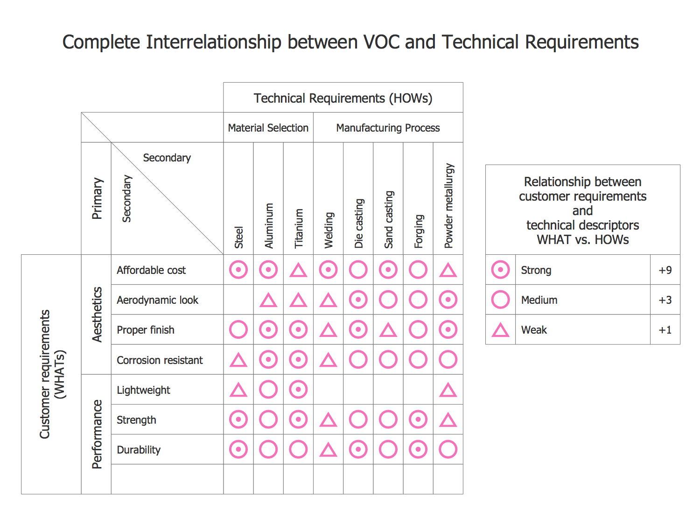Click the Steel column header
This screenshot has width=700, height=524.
click(238, 237)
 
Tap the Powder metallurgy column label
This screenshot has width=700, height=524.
click(448, 205)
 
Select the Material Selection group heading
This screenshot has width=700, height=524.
click(268, 128)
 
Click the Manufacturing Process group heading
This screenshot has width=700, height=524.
click(388, 128)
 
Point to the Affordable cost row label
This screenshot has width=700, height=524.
click(151, 270)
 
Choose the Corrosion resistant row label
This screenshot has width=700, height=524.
click(160, 360)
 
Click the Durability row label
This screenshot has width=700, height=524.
click(139, 450)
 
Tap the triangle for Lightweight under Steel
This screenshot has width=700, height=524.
click(238, 390)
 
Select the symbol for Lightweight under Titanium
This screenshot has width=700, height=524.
click(298, 390)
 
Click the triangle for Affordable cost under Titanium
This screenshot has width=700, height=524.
click(298, 271)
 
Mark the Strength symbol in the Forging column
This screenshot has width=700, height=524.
click(418, 419)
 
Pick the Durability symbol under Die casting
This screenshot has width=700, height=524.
click(358, 449)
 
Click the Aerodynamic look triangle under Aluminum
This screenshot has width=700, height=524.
click(268, 300)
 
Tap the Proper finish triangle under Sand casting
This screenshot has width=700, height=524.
click(388, 330)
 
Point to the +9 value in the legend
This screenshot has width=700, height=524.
click(665, 270)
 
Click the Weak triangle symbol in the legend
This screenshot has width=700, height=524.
click(500, 330)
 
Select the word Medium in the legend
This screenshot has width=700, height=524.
click(539, 300)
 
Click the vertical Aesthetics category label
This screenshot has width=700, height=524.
click(97, 314)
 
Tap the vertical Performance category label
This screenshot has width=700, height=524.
click(97, 434)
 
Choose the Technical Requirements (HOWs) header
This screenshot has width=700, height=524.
click(343, 98)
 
